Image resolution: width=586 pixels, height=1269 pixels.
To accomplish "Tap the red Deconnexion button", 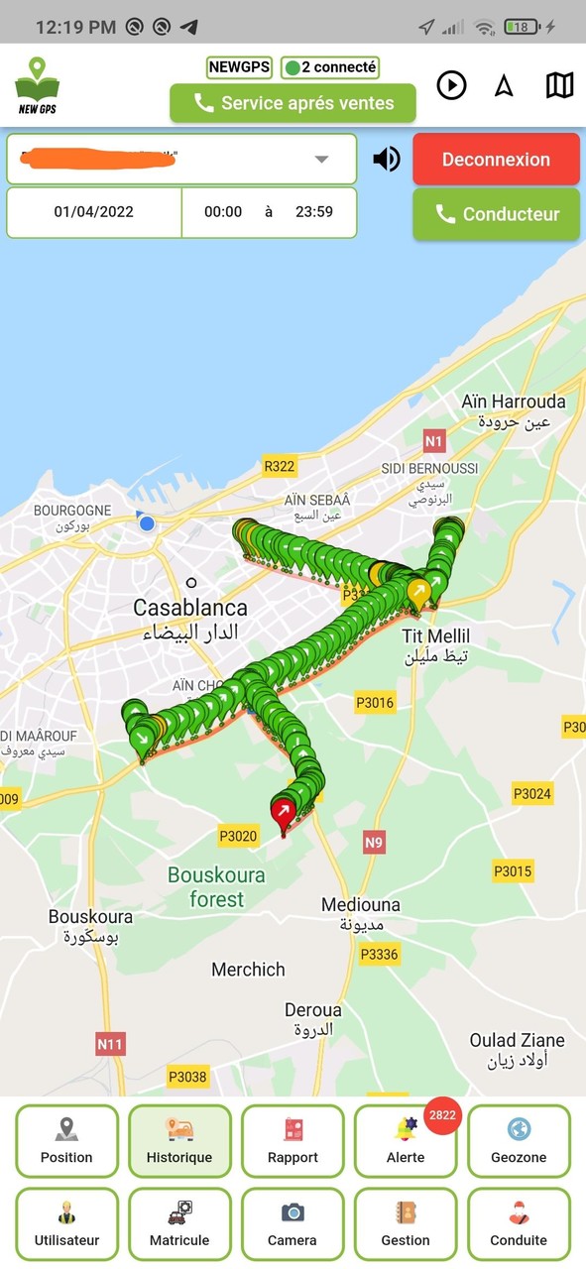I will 496,160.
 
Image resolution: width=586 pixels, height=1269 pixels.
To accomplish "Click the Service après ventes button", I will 293,103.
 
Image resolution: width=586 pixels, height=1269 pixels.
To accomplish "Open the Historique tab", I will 179,1141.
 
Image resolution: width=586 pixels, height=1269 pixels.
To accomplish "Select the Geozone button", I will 519,1141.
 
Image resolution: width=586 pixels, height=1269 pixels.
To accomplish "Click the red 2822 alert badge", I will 442,1115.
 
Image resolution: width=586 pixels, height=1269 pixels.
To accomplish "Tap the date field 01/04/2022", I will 94,211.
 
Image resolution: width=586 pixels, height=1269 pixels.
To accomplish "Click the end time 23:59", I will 313,211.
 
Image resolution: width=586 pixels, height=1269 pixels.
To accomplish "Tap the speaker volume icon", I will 386,159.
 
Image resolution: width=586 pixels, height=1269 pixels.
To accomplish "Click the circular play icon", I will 451,85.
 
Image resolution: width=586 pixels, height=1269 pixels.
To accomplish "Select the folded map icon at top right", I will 559,85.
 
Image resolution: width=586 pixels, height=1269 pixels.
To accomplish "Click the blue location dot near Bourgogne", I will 147,522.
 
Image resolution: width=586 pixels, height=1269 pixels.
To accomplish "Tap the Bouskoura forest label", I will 216,887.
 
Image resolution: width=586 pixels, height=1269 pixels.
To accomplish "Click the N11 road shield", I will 110,1043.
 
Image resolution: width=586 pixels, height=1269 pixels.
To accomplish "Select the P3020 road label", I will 238,836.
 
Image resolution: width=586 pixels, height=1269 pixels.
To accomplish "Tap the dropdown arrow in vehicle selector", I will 320,159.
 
